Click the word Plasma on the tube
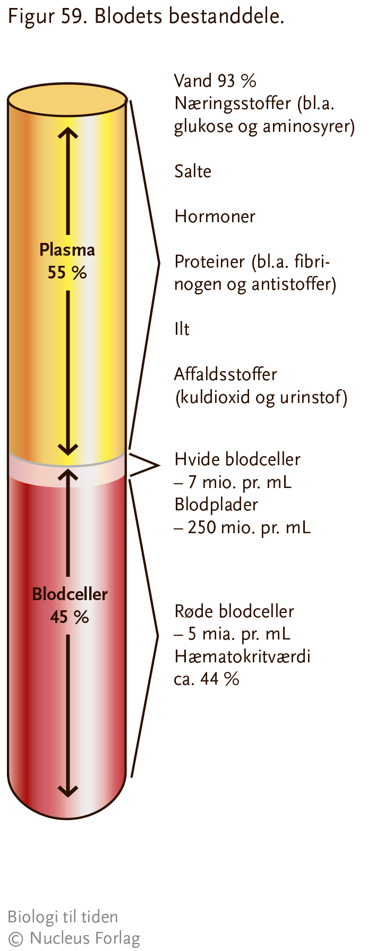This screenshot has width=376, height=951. pyautogui.click(x=67, y=249)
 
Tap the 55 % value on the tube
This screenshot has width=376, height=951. pyautogui.click(x=67, y=273)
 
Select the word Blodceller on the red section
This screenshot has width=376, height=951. pyautogui.click(x=70, y=594)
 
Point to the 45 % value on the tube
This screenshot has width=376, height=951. pyautogui.click(x=70, y=617)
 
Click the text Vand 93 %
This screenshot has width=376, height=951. pyautogui.click(x=215, y=81)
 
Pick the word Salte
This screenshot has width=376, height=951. pyautogui.click(x=193, y=171)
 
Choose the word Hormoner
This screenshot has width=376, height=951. pyautogui.click(x=215, y=216)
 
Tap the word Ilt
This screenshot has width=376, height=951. pyautogui.click(x=182, y=329)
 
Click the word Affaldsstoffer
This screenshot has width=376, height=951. pyautogui.click(x=226, y=374)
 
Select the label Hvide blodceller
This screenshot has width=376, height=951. pyautogui.click(x=237, y=459)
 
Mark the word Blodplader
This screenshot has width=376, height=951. pyautogui.click(x=216, y=504)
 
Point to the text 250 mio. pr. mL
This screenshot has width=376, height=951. pyautogui.click(x=249, y=527)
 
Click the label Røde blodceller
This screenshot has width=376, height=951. pyautogui.click(x=234, y=611)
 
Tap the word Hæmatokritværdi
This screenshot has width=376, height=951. pyautogui.click(x=242, y=657)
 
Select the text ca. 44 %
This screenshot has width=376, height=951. pyautogui.click(x=207, y=679)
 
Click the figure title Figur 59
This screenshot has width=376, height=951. pyautogui.click(x=46, y=16)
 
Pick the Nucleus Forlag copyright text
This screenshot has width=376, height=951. pyautogui.click(x=74, y=938)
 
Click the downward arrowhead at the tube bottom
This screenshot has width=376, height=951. pyautogui.click(x=67, y=790)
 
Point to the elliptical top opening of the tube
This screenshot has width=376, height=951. pyautogui.click(x=67, y=99)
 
